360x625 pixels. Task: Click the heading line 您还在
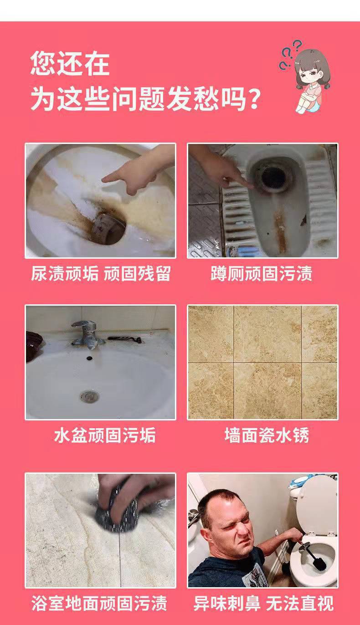click(70, 63)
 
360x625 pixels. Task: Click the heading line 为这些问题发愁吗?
click(145, 99)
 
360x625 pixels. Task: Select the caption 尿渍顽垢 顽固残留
click(100, 273)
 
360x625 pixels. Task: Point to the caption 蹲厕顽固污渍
click(262, 273)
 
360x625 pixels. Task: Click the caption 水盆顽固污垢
click(105, 435)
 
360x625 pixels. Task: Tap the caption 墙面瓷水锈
click(267, 435)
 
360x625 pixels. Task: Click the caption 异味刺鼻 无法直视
click(263, 603)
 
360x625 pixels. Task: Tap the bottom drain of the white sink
click(89, 396)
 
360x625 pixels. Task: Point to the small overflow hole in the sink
click(89, 358)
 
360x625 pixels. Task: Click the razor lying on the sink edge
click(126, 339)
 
